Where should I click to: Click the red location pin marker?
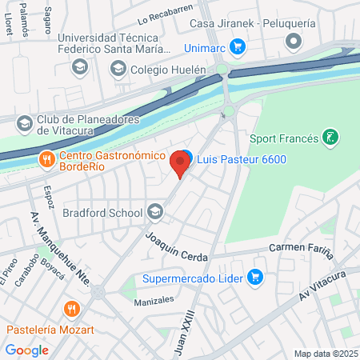tap(180, 166)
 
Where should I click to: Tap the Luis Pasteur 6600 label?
tap(242, 159)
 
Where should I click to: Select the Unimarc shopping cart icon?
tap(237, 47)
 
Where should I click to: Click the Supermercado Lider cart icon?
tap(255, 278)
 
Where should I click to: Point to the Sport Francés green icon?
tap(329, 138)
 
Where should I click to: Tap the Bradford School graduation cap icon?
tap(154, 212)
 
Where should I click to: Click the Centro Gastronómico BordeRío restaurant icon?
tap(47, 158)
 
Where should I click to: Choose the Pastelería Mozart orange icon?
tap(73, 310)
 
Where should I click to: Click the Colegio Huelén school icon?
tap(118, 70)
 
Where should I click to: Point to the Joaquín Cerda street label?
tap(177, 246)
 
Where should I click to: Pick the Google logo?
tap(26, 350)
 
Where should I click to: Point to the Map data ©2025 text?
tap(324, 354)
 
